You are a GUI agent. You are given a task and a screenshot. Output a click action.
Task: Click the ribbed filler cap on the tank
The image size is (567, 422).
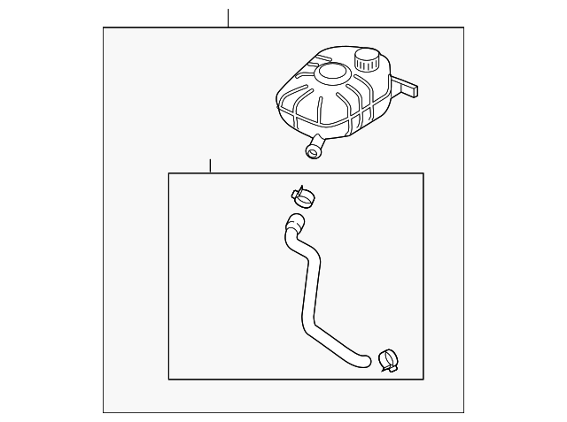point(367,61)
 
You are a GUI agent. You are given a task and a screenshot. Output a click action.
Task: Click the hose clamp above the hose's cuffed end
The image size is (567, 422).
point(300,196)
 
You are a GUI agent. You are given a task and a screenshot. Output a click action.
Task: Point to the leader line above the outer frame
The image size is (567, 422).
point(229,18)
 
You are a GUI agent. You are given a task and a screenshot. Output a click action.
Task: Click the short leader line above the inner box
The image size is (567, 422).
point(210,165)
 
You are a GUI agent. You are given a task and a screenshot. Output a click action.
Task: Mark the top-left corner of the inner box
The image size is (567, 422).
point(169,173)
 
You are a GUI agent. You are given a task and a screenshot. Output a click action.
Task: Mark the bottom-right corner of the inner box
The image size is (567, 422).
point(423,380)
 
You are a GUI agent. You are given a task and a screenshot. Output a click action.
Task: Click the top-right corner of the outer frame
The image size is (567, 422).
point(463,27)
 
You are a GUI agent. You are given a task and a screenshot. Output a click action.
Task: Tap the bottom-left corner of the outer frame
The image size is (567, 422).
point(104,412)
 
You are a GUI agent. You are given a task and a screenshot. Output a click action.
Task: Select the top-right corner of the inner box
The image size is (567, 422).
point(423,173)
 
